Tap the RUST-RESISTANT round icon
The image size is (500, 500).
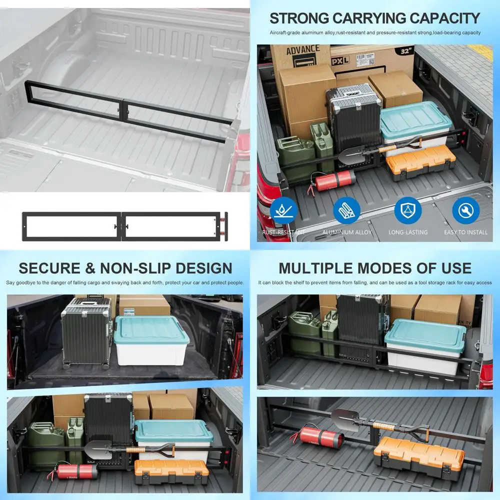point(283,211)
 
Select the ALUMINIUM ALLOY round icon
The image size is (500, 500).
point(346,211)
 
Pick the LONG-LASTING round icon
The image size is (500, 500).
point(407,211)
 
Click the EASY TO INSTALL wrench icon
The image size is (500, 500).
point(465,211)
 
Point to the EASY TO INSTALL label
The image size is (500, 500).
point(465,232)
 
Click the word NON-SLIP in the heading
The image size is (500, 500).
point(130,268)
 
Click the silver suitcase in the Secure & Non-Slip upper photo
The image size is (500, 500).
point(85,332)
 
